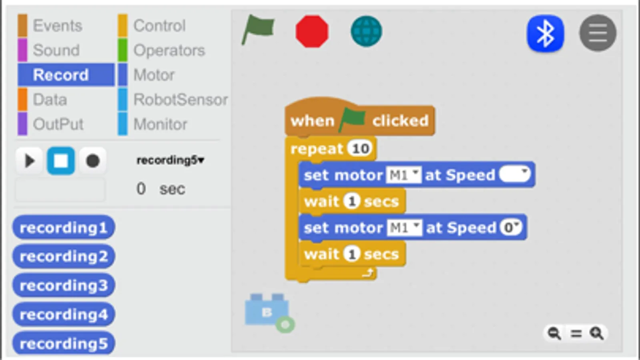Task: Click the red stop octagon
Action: (x=312, y=32)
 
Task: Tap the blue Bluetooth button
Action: (x=545, y=33)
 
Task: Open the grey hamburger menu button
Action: (x=598, y=33)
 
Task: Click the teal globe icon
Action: (x=366, y=31)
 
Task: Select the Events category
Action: (x=57, y=26)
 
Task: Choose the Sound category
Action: (x=56, y=50)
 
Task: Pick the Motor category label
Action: (x=154, y=75)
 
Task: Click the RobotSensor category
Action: (x=180, y=100)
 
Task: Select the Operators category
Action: (x=169, y=50)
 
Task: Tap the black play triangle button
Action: (x=29, y=161)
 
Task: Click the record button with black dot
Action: (x=92, y=161)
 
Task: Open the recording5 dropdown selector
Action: (x=170, y=160)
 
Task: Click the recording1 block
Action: (x=64, y=228)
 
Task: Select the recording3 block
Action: (x=64, y=286)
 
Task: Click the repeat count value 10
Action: (x=360, y=149)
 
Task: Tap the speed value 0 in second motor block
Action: (x=510, y=228)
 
